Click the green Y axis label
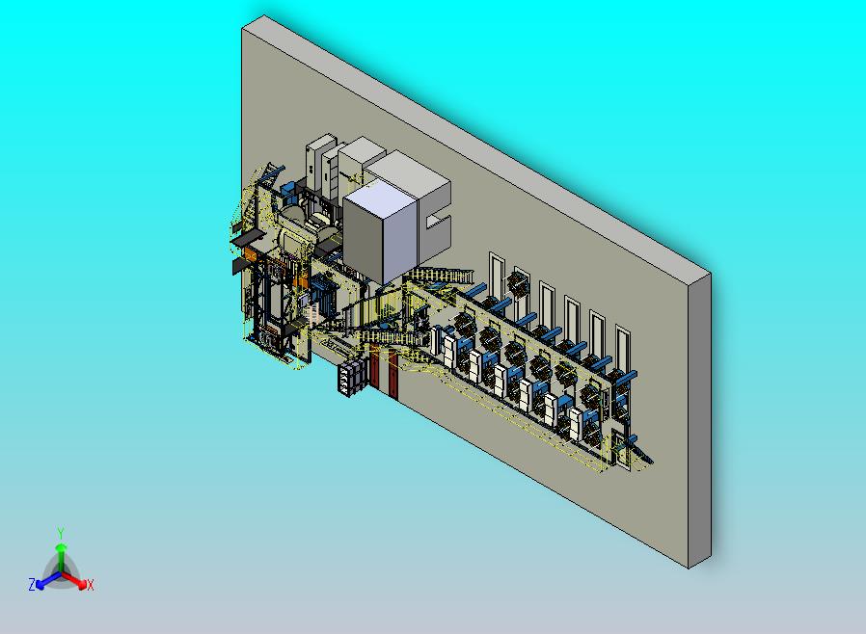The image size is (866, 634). tap(61, 533)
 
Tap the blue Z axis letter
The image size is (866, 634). tap(32, 584)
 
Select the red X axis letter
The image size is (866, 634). tap(90, 585)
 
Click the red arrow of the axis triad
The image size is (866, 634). tap(74, 579)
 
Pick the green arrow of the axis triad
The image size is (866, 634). tap(62, 557)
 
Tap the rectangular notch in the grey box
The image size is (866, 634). tap(439, 222)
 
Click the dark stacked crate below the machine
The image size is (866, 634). tap(352, 377)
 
